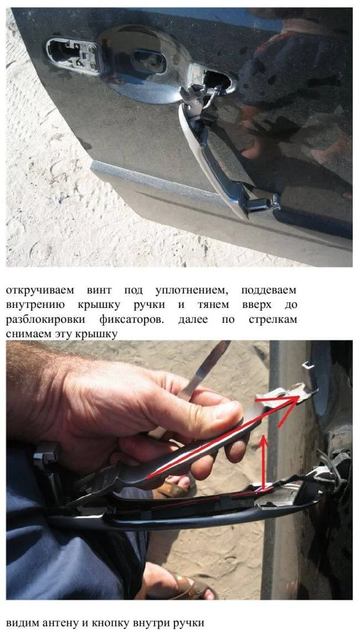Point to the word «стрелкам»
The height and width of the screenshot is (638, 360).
pos(272,320)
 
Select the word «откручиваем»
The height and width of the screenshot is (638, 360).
pos(40,291)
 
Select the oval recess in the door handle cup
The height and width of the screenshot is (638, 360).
pos(150,61)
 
